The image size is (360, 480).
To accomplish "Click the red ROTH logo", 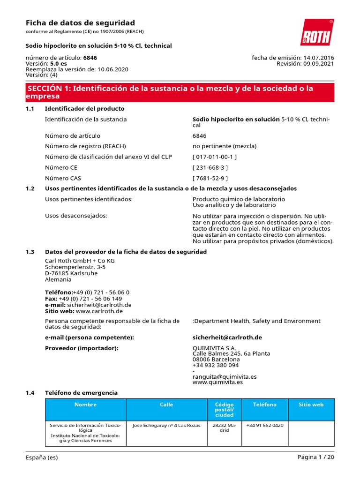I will pyautogui.click(x=317, y=32).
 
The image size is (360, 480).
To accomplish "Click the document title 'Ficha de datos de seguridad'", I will pyautogui.click(x=80, y=23).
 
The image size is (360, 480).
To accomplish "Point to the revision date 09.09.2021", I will pyautogui.click(x=319, y=64).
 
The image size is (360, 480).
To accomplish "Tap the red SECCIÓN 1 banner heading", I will pyautogui.click(x=180, y=92).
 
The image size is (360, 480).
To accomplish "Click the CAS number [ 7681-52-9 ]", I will pyautogui.click(x=210, y=178).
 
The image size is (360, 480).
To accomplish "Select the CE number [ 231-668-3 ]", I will pyautogui.click(x=210, y=167).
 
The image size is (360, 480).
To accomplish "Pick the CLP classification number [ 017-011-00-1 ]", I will pyautogui.click(x=215, y=157).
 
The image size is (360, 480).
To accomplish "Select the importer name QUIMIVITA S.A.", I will pyautogui.click(x=214, y=348).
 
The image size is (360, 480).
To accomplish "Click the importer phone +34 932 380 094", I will pyautogui.click(x=216, y=365).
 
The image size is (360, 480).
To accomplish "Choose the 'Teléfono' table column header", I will pyautogui.click(x=265, y=405).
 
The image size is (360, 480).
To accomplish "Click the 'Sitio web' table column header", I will pyautogui.click(x=311, y=405).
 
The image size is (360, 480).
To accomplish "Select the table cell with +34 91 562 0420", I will pyautogui.click(x=264, y=426).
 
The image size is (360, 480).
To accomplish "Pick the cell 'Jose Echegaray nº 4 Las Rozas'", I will pyautogui.click(x=166, y=426).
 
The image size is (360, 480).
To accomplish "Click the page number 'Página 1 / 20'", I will pyautogui.click(x=315, y=457).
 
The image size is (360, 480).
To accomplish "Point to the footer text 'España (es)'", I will pyautogui.click(x=42, y=457).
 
